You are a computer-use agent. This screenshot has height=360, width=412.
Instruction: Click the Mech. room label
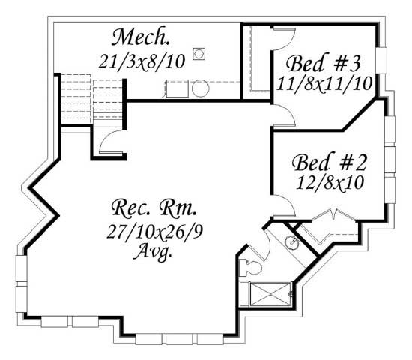pos(141,37)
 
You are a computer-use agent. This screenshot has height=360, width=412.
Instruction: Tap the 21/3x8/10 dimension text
pos(142,61)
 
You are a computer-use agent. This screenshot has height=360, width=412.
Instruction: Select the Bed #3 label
pos(324,63)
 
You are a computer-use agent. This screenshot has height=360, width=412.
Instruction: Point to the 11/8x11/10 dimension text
pos(324,84)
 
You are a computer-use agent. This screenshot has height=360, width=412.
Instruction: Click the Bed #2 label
pos(329,162)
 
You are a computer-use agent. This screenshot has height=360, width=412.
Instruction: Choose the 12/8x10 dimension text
pos(330,183)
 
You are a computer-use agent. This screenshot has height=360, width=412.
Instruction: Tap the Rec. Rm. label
pos(154,208)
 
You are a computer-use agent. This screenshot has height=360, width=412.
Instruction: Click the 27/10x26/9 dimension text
pos(155,232)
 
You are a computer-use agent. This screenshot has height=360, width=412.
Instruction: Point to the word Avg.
pos(153,251)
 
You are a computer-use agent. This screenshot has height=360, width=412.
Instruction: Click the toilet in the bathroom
pos(250,268)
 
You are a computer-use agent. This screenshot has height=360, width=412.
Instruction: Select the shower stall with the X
pos(270,294)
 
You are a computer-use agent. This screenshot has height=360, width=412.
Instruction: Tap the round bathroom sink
pos(292,241)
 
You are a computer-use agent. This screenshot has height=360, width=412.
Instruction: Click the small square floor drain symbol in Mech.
pos(199,54)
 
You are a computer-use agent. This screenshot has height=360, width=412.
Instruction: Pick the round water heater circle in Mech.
pos(201,88)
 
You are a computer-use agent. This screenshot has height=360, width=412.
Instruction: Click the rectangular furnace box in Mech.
pos(177,88)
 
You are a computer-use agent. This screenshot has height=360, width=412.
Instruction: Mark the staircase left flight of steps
pos(76,99)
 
